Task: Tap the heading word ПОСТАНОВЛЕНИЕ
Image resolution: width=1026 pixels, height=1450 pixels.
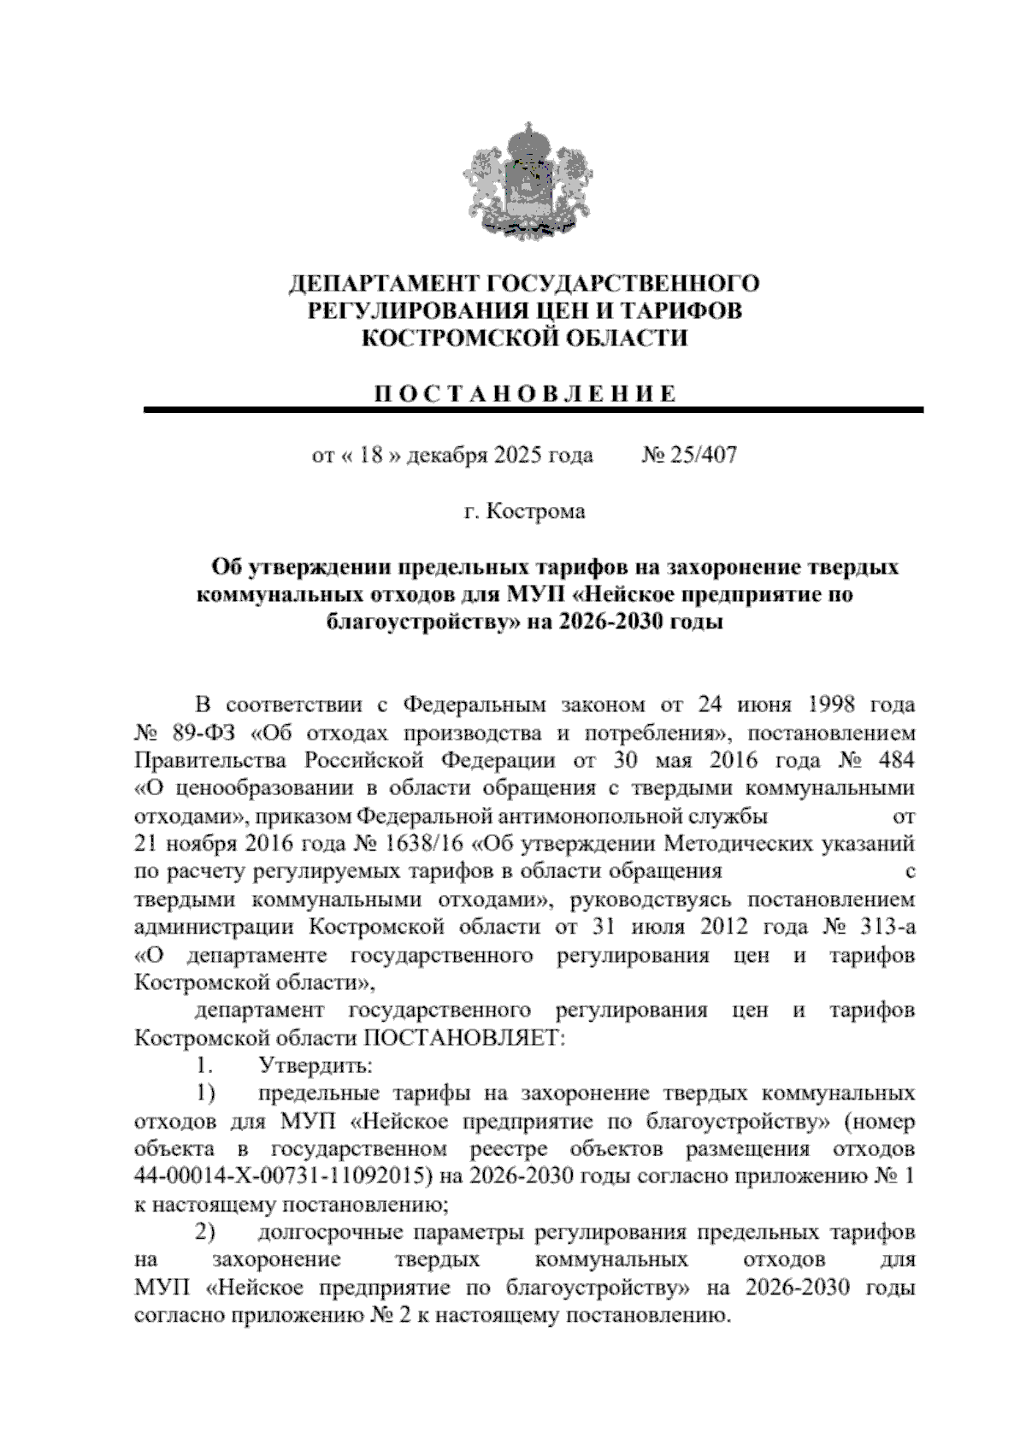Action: [524, 394]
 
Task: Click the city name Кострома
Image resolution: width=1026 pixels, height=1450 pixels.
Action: [535, 511]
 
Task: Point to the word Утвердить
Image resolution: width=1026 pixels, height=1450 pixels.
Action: [314, 1066]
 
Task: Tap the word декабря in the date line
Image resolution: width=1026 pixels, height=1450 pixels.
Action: [445, 455]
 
